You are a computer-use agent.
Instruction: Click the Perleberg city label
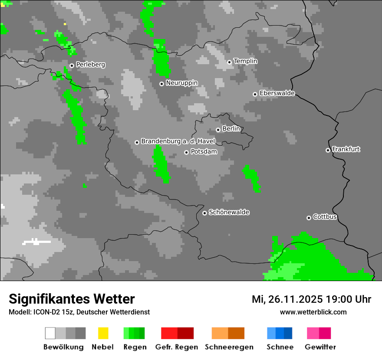(x=90, y=65)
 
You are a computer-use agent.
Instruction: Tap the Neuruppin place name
(x=181, y=83)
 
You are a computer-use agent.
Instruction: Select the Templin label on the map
(x=245, y=61)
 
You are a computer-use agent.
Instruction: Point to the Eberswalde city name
(x=277, y=93)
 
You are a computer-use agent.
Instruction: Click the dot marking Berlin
(x=218, y=130)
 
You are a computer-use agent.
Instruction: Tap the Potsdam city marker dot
(x=187, y=152)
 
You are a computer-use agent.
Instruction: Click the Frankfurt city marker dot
(x=328, y=150)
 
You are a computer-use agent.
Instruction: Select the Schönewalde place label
(x=229, y=212)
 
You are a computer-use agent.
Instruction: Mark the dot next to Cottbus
(x=309, y=218)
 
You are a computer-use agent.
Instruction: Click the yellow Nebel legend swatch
(x=103, y=333)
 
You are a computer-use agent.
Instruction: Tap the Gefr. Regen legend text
(x=177, y=347)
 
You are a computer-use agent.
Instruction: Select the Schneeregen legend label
(x=229, y=347)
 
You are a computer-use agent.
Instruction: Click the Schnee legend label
(x=280, y=347)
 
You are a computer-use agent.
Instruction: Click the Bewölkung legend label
(x=63, y=347)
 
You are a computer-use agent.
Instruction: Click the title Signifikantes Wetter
(x=72, y=299)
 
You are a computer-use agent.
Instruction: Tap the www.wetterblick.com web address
(x=313, y=312)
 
